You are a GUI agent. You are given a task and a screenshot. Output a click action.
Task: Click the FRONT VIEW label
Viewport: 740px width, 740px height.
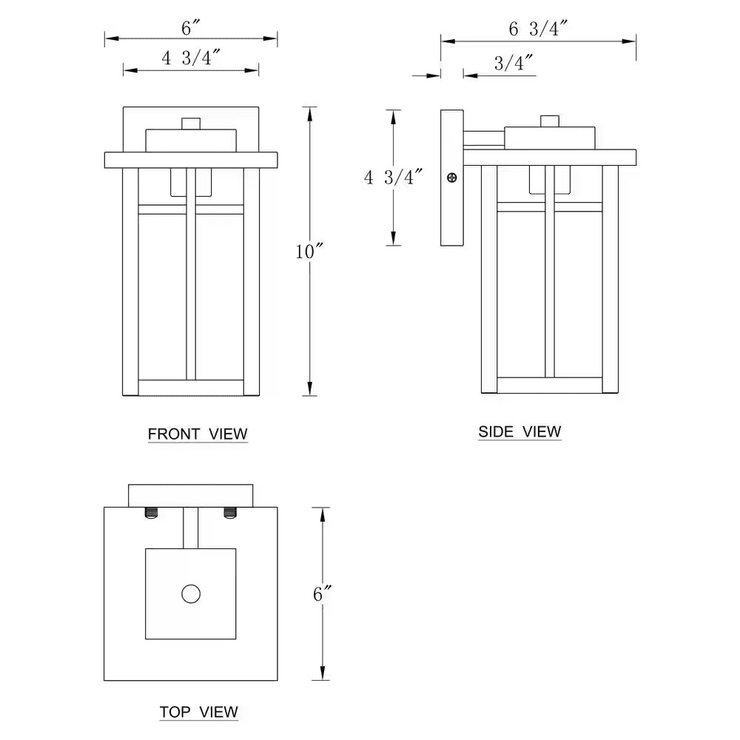point(198,434)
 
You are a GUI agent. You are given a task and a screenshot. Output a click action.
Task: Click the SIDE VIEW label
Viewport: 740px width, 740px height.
point(519,431)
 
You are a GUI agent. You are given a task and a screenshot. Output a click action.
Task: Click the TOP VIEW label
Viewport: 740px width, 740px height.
point(198,712)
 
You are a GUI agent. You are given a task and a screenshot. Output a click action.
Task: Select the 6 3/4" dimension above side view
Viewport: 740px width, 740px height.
point(538,29)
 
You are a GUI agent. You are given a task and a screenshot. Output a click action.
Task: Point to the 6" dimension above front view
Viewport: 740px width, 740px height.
point(191,27)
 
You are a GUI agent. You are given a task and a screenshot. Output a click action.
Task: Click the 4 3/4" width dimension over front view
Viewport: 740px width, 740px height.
point(190,58)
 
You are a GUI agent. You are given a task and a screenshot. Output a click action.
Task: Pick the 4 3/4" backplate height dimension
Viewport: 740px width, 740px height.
point(393,177)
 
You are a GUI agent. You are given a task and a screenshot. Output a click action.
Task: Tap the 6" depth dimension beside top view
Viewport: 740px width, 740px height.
point(320,593)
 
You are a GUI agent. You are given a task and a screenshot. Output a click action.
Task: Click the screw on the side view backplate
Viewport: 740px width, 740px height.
point(451,178)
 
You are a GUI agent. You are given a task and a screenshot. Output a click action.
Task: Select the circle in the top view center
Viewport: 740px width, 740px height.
point(191,593)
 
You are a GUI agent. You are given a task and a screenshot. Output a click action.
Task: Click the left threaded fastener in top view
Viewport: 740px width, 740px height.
point(152,512)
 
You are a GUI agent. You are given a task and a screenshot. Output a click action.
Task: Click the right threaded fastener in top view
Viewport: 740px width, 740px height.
point(230,512)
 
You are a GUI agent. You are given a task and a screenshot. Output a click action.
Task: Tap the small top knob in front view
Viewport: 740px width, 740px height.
point(192,123)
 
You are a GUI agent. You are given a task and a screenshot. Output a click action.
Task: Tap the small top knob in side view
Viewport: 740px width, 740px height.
point(550,121)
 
